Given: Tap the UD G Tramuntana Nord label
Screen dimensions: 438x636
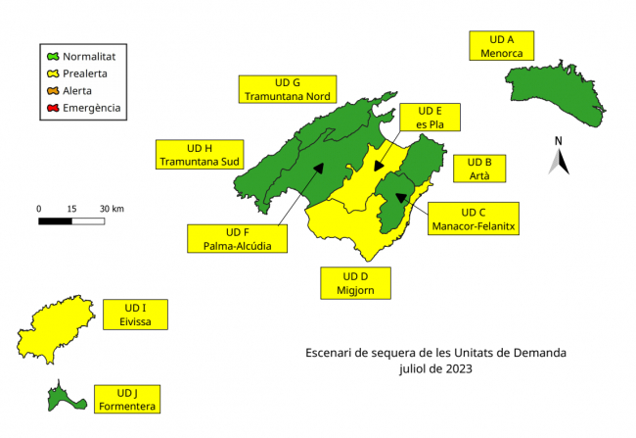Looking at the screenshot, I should pyautogui.click(x=288, y=88).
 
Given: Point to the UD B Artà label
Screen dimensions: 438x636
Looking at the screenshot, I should pyautogui.click(x=479, y=168).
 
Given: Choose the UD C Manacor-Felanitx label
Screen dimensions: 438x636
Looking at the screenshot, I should pyautogui.click(x=473, y=219).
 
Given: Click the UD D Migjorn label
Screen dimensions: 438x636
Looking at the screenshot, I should pyautogui.click(x=355, y=282).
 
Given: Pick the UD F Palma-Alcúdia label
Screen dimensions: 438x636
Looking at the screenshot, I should pyautogui.click(x=238, y=238).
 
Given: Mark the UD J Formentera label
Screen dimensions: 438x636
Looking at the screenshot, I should pyautogui.click(x=128, y=398).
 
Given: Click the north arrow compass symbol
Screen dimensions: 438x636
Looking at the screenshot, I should pyautogui.click(x=559, y=157).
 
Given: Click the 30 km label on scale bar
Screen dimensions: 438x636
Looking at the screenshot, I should pyautogui.click(x=112, y=209).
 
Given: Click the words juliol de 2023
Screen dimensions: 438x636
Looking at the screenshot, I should pyautogui.click(x=434, y=370).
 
